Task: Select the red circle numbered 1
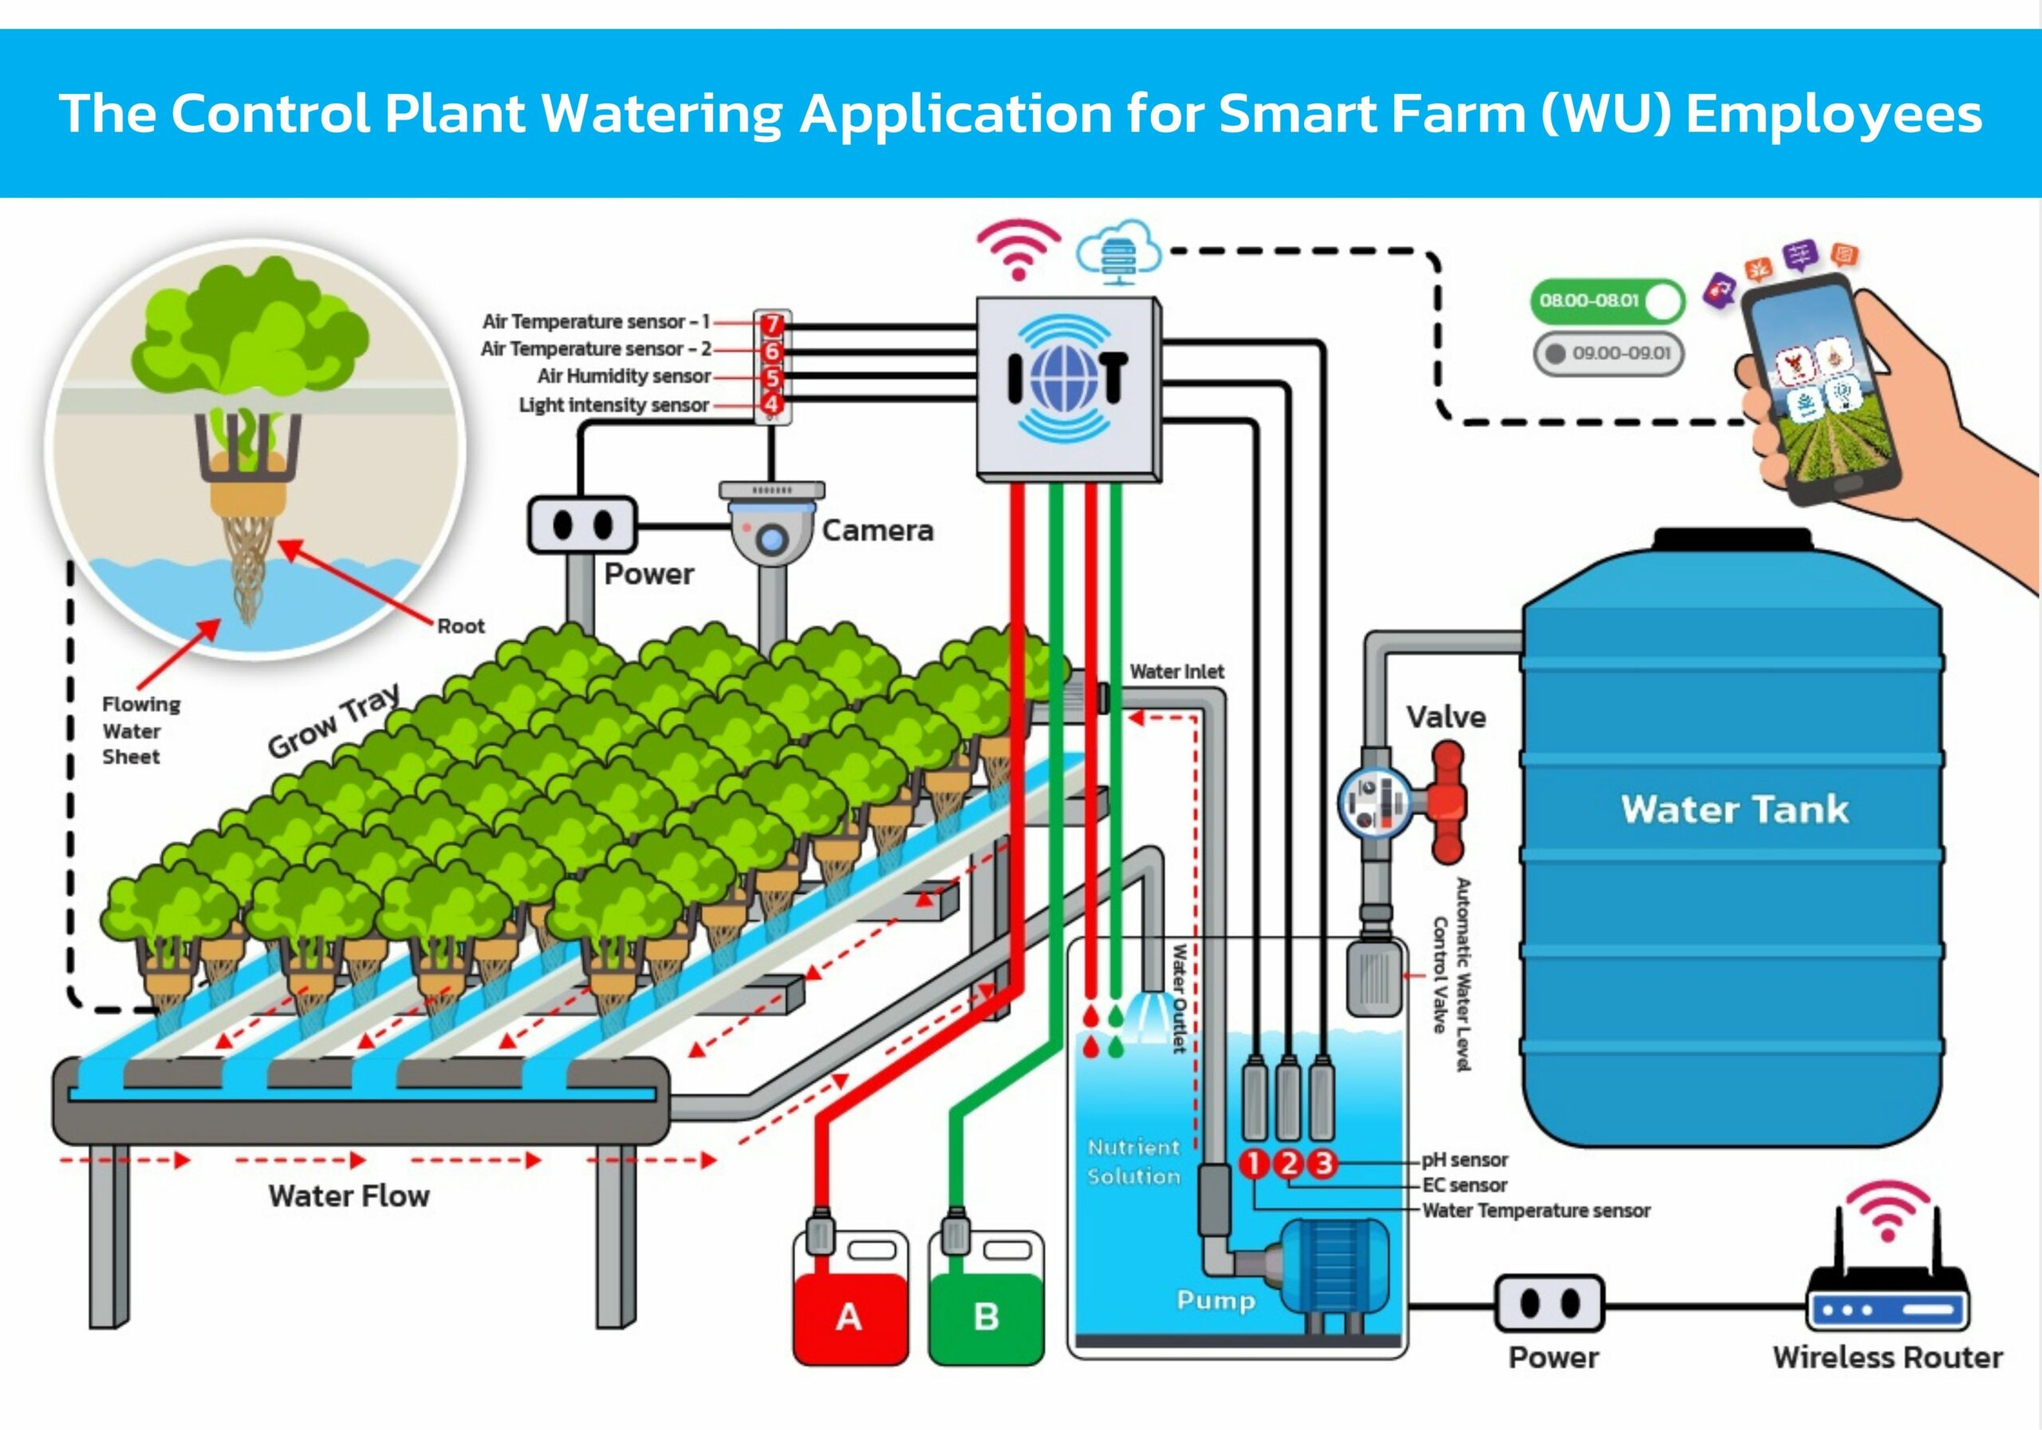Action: pos(1253,1163)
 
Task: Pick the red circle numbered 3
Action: pos(1323,1163)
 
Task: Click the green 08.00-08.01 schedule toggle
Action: pos(1606,301)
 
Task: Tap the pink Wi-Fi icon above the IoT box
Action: pos(1019,248)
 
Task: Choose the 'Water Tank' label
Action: pos(1734,810)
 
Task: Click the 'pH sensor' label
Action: pos(1464,1160)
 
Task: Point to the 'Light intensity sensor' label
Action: pos(613,404)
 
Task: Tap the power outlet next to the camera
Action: pos(582,525)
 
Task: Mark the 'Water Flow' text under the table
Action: pos(349,1196)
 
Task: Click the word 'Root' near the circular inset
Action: pos(461,626)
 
